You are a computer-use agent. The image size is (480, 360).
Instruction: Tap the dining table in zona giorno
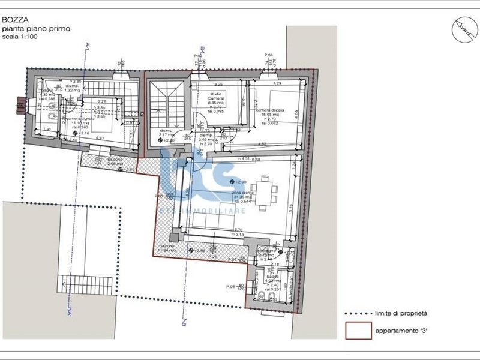tap(265, 194)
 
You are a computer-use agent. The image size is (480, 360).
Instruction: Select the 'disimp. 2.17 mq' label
tap(167, 134)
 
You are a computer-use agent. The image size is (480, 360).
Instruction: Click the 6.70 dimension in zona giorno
tap(238, 230)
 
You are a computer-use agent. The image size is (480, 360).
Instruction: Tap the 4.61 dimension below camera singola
tap(101, 139)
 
